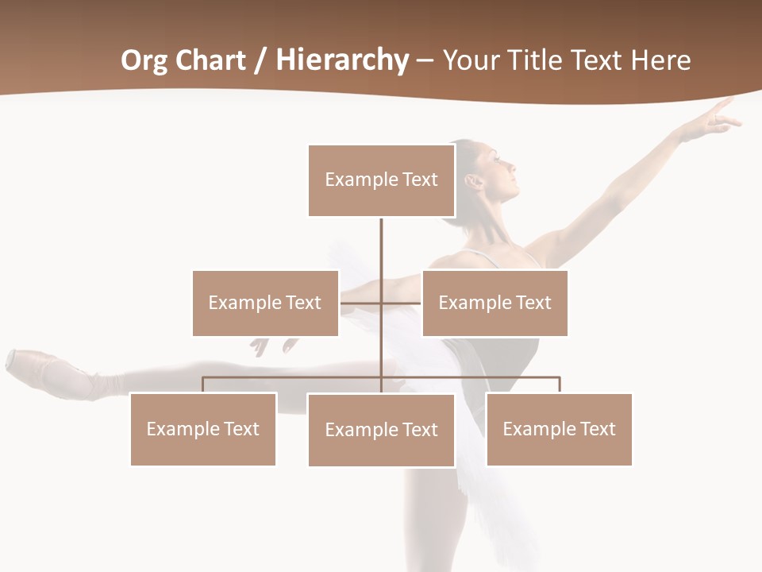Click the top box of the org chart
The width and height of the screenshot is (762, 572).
pyautogui.click(x=381, y=180)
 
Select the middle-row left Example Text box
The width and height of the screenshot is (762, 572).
pyautogui.click(x=265, y=303)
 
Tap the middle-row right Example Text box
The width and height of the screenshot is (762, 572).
pyautogui.click(x=495, y=303)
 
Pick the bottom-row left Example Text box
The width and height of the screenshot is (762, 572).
pyautogui.click(x=203, y=429)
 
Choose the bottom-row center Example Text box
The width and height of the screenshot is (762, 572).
pyautogui.click(x=381, y=430)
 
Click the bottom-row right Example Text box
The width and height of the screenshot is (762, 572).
pyautogui.click(x=559, y=429)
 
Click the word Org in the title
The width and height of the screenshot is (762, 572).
pyautogui.click(x=143, y=60)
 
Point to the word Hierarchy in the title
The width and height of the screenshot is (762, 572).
pyautogui.click(x=342, y=60)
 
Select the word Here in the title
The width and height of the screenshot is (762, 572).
pyautogui.click(x=660, y=60)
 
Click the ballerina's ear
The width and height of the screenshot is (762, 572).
pyautogui.click(x=474, y=182)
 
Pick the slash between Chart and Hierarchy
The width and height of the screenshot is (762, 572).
pyautogui.click(x=260, y=60)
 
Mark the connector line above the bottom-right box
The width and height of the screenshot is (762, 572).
pyautogui.click(x=559, y=385)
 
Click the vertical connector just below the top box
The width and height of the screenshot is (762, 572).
pyautogui.click(x=381, y=238)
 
